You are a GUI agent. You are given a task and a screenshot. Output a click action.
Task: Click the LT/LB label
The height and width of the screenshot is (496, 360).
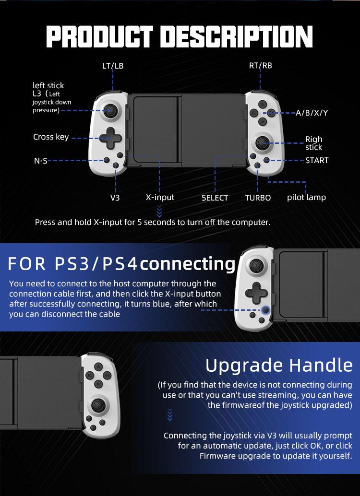(113, 66)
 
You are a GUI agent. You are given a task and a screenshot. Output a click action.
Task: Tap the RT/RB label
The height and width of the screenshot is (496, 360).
(260, 66)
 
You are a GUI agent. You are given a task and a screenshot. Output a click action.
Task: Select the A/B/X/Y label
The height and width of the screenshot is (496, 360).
(312, 113)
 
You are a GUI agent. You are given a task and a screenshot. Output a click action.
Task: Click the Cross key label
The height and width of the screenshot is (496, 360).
(51, 137)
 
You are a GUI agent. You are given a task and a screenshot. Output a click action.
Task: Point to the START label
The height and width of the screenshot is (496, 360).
(317, 160)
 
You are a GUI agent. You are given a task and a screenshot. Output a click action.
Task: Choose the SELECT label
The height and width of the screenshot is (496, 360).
(215, 198)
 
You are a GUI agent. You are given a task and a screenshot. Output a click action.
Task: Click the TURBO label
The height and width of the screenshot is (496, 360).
(258, 198)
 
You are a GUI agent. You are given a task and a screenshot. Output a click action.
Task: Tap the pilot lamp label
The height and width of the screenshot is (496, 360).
(306, 197)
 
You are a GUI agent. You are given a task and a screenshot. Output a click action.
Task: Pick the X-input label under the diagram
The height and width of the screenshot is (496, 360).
(160, 197)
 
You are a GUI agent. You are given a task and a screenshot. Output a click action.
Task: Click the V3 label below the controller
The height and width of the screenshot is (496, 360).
(115, 197)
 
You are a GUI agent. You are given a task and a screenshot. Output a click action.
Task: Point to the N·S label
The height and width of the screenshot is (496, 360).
(41, 161)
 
